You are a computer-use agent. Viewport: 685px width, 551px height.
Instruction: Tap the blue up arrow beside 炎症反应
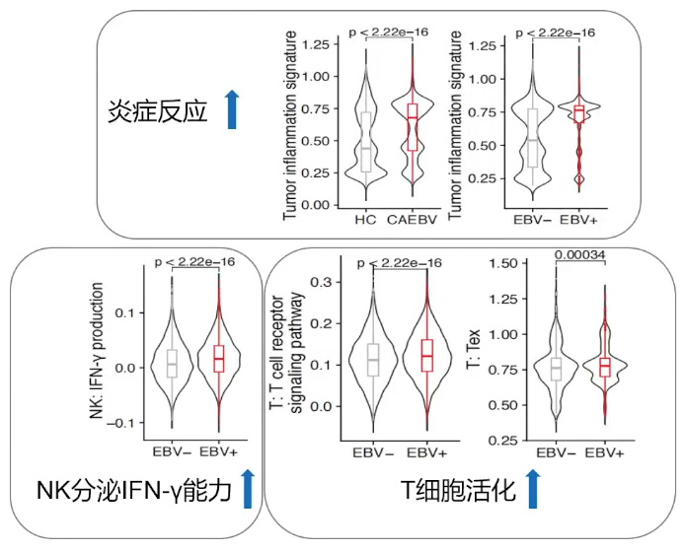[232, 108]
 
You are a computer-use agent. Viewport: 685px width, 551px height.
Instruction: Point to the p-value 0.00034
[579, 255]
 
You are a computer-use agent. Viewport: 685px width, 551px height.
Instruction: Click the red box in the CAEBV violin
[412, 125]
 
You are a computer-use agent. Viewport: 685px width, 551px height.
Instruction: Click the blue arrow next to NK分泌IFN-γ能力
[248, 489]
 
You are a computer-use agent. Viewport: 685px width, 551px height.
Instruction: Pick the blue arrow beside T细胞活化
[533, 489]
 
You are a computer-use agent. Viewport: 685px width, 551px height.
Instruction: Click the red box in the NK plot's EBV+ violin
[218, 359]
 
